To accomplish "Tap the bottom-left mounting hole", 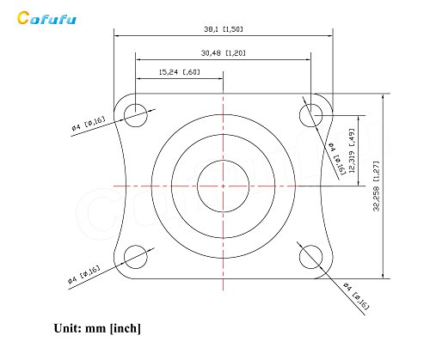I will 136,255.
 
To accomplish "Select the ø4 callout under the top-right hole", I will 337,158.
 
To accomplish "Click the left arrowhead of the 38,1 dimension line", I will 117,35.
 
